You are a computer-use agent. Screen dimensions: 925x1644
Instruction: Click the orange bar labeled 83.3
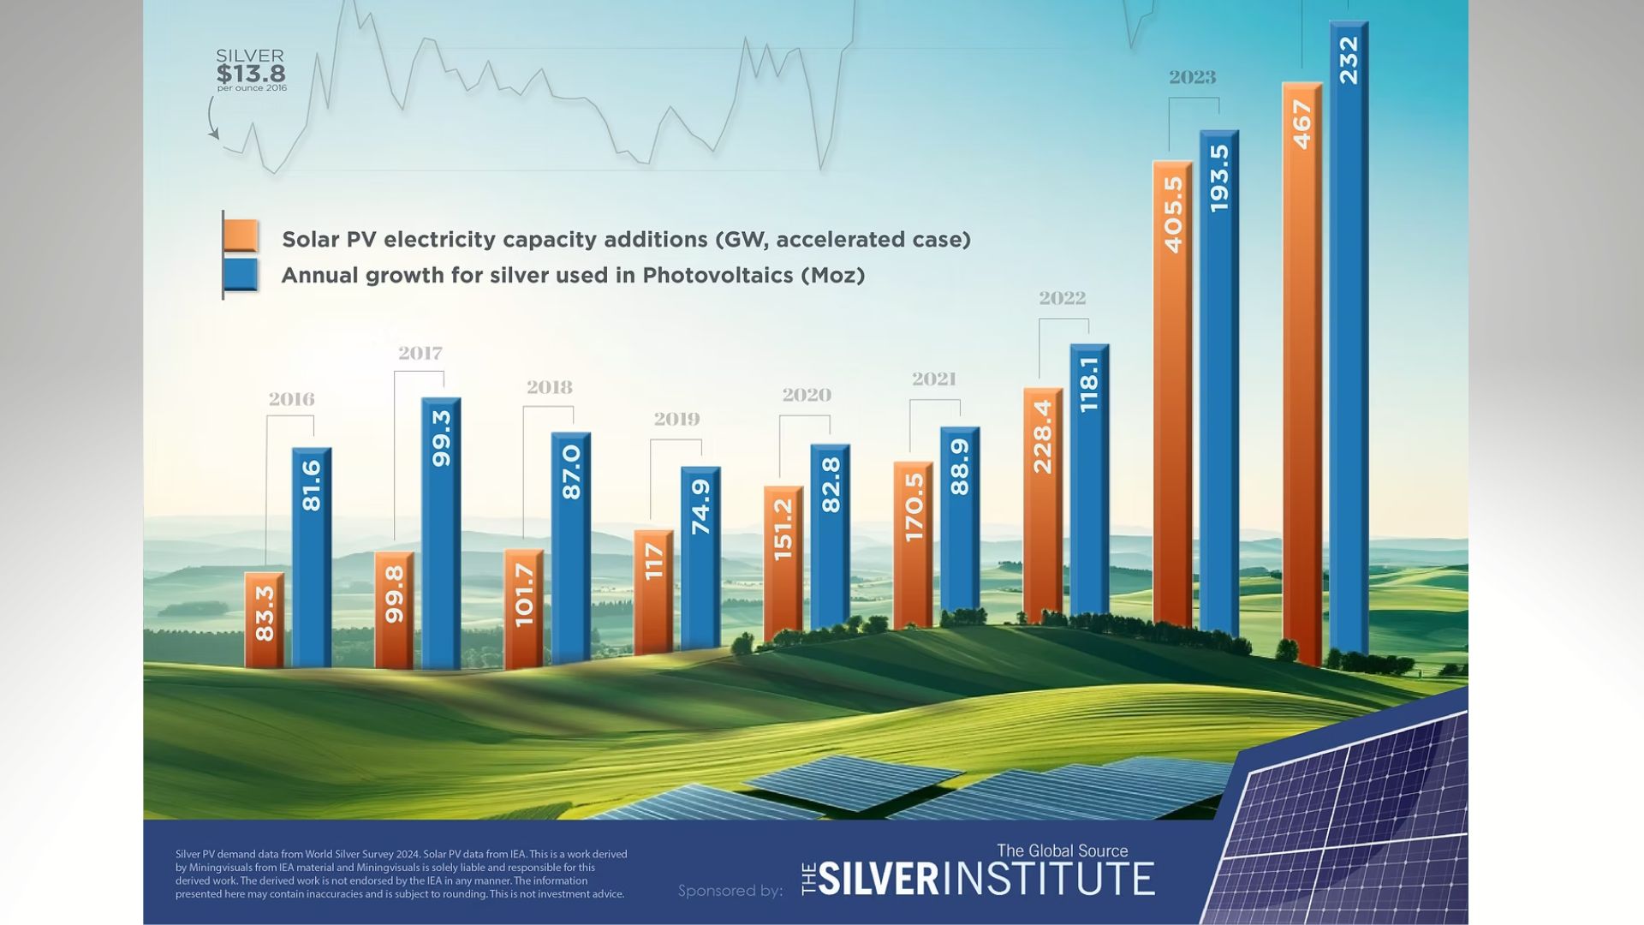tap(265, 619)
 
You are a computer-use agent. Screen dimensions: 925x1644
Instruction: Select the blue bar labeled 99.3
tap(441, 531)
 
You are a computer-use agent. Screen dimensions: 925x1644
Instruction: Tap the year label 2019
tap(676, 420)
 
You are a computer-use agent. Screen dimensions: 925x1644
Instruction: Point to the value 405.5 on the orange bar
tap(1173, 215)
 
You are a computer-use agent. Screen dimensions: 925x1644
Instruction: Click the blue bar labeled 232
tap(1349, 343)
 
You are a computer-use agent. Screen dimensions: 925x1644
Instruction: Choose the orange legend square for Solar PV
tap(241, 236)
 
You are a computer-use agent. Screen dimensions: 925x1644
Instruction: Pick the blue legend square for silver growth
tap(241, 276)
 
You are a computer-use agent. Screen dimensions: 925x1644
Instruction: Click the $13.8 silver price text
tap(251, 74)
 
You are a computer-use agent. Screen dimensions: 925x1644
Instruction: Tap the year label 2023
tap(1193, 78)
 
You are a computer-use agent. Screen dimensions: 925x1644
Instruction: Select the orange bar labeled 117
tap(654, 592)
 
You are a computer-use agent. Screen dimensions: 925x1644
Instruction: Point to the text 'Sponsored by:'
tap(730, 891)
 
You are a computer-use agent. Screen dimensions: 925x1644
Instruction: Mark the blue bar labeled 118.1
tap(1089, 480)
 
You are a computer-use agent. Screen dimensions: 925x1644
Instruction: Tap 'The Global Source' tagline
tap(1062, 850)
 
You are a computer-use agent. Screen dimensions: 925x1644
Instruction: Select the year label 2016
tap(291, 400)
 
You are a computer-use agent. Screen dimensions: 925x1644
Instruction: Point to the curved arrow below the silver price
tap(212, 118)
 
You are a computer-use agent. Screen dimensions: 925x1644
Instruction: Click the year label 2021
tap(933, 379)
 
